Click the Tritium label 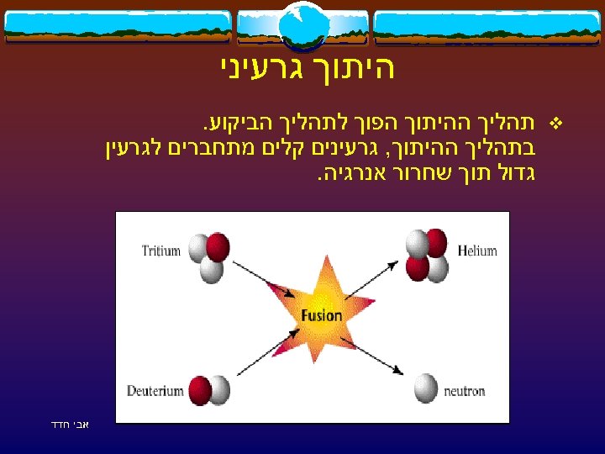tap(162, 251)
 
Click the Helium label tap(477, 251)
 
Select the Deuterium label tap(155, 391)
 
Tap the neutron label tap(465, 391)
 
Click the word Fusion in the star tap(321, 316)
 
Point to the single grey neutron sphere tap(426, 388)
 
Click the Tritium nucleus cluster tap(208, 256)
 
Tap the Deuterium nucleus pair tap(209, 390)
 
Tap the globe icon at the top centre tap(302, 25)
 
